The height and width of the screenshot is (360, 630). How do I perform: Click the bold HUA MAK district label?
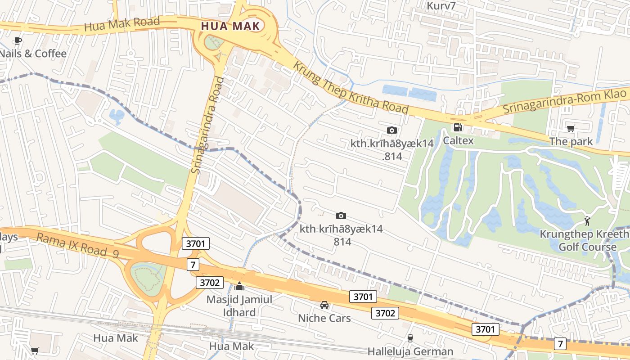(x=230, y=26)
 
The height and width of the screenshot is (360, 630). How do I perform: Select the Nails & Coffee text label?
(x=33, y=54)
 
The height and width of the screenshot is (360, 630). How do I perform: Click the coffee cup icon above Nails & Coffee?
(x=18, y=41)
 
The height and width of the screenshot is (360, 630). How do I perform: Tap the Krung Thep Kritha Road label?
(x=351, y=87)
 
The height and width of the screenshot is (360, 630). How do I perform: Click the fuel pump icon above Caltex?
(x=458, y=128)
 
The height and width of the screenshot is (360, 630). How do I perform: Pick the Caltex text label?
(x=458, y=141)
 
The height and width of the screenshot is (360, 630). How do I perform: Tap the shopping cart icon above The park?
(x=571, y=129)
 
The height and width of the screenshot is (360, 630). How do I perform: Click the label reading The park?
(x=571, y=142)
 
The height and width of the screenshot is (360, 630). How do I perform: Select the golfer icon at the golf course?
(x=587, y=221)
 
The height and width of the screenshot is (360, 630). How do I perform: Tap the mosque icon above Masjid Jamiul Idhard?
(x=239, y=286)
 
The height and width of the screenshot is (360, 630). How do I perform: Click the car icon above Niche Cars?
(x=324, y=305)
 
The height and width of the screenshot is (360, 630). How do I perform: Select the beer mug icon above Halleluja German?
(x=410, y=338)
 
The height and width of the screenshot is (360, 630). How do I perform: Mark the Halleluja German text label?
(x=410, y=351)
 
